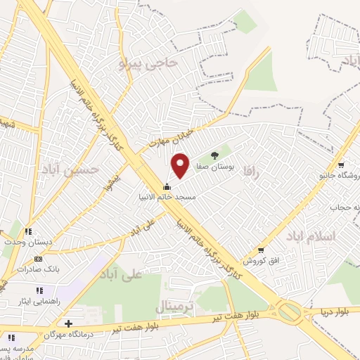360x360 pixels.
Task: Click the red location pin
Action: [x=181, y=165]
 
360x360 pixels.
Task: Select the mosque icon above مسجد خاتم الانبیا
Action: [x=167, y=186]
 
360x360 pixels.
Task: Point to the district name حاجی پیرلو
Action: [x=150, y=64]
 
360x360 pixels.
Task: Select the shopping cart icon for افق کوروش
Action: [x=262, y=250]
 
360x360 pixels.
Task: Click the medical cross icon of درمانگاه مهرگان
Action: [x=67, y=324]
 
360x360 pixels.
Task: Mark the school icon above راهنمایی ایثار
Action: [x=39, y=290]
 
